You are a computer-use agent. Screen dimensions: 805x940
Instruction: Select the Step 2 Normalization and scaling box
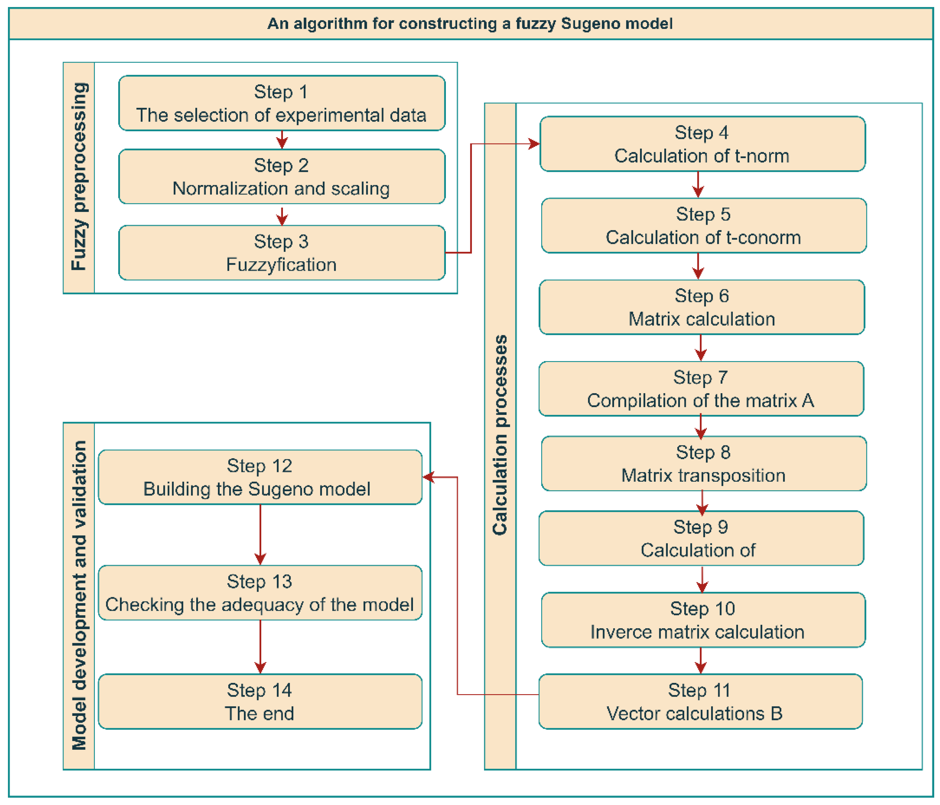pyautogui.click(x=281, y=176)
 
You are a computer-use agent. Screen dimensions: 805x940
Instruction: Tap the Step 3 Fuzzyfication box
pyautogui.click(x=281, y=253)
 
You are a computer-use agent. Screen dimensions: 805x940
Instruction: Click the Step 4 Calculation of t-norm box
pyautogui.click(x=702, y=144)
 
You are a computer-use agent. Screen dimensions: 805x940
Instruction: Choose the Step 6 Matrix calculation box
pyautogui.click(x=701, y=307)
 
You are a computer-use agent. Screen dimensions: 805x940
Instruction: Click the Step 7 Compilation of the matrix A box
pyautogui.click(x=701, y=389)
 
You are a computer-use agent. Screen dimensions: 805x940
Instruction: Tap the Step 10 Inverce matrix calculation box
pyautogui.click(x=703, y=620)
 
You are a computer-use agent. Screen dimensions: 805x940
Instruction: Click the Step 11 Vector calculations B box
pyautogui.click(x=700, y=702)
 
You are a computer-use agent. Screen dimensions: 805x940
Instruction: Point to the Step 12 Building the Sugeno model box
pyautogui.click(x=260, y=477)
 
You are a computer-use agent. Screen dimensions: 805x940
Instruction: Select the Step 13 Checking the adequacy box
pyautogui.click(x=260, y=593)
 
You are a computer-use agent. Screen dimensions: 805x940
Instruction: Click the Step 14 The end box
pyautogui.click(x=260, y=702)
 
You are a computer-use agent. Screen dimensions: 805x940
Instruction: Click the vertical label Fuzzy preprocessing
pyautogui.click(x=79, y=177)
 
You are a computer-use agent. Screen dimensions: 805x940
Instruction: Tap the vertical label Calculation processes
pyautogui.click(x=500, y=436)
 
